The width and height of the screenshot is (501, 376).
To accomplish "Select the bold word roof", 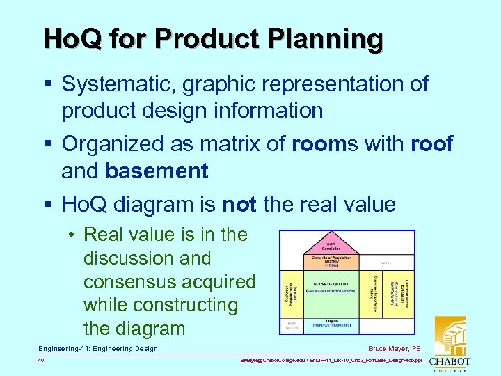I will (431, 144).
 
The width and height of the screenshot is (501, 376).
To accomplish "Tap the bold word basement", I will (157, 171).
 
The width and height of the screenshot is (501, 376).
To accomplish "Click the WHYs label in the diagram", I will (386, 263).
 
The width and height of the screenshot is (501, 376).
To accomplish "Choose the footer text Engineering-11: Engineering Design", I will (98, 348).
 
